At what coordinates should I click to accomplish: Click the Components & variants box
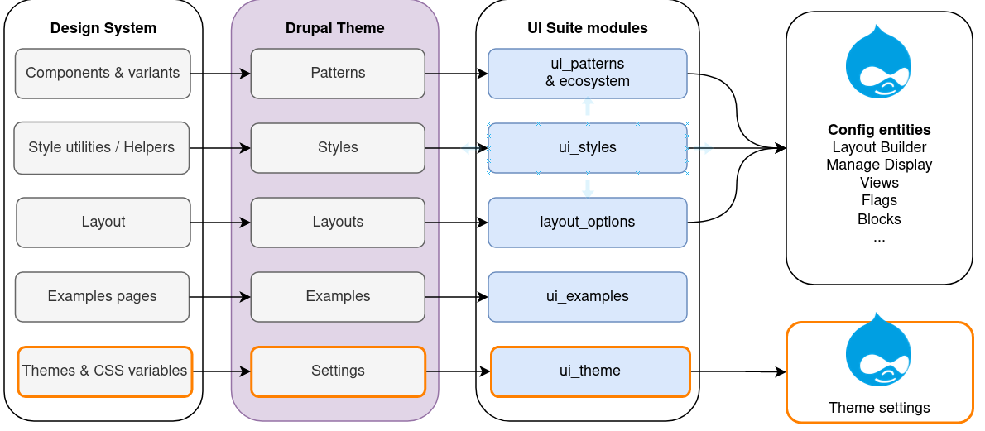[103, 74]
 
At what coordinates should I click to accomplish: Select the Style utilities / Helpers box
[102, 147]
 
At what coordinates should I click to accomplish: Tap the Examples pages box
[102, 296]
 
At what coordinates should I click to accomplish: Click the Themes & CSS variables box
[104, 371]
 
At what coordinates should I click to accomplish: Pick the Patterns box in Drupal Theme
[338, 74]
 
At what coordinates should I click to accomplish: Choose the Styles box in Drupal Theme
[338, 147]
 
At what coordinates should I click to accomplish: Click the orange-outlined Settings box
[338, 371]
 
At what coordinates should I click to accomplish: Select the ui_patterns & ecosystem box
[588, 74]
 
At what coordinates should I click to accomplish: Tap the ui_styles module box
[588, 147]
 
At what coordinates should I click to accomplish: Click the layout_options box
[588, 222]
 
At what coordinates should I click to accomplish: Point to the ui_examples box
[588, 296]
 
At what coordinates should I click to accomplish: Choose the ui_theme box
[590, 371]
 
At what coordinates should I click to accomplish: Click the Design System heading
[103, 28]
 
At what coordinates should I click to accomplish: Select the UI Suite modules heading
[588, 28]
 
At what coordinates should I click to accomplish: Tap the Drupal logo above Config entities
[878, 61]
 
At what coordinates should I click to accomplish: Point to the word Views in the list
[879, 183]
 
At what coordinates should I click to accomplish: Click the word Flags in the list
[879, 200]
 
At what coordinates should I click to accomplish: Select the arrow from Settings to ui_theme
[458, 371]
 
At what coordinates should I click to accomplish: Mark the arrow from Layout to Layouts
[220, 223]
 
